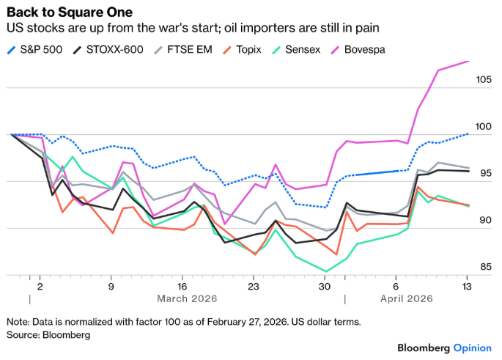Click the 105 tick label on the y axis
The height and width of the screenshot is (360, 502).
(x=482, y=79)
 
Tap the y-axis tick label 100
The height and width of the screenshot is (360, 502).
(x=482, y=126)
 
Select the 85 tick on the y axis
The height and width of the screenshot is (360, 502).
(x=485, y=267)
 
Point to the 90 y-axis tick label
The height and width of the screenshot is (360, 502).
(x=485, y=220)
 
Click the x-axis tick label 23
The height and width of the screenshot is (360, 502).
(x=253, y=287)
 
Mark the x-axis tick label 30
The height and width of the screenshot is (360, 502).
(x=325, y=287)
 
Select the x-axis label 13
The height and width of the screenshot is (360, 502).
(x=467, y=287)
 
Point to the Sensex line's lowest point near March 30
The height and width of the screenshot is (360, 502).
(x=326, y=271)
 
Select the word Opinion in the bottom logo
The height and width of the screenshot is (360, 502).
(x=473, y=347)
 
